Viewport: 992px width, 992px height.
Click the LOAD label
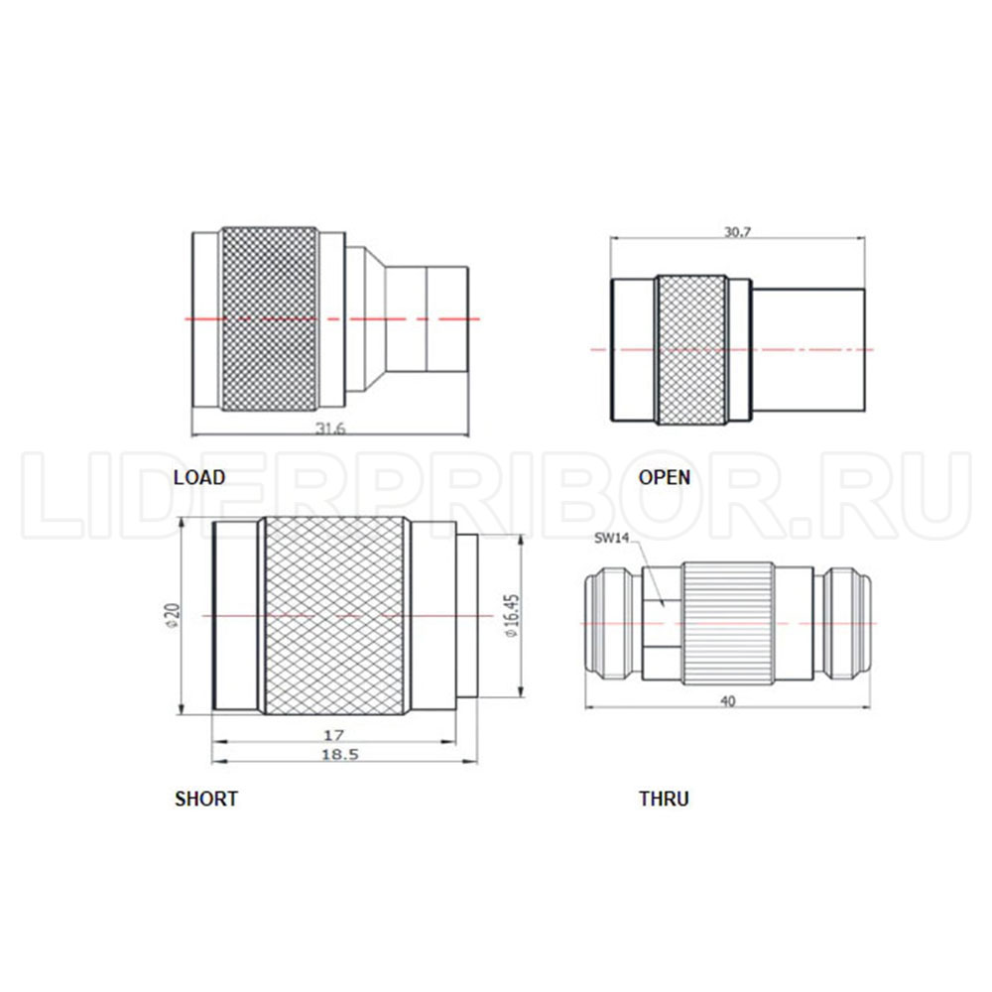(199, 477)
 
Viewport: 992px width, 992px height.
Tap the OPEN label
(665, 477)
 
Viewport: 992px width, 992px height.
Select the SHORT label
(206, 799)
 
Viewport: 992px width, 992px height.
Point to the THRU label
(664, 799)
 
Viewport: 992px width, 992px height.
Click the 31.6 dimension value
(330, 429)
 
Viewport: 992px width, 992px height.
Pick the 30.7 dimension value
(737, 231)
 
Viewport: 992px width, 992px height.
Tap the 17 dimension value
(333, 734)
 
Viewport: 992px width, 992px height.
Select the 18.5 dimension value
(340, 754)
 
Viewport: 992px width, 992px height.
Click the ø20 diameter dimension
(172, 616)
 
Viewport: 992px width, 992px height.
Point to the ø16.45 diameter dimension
(512, 616)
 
